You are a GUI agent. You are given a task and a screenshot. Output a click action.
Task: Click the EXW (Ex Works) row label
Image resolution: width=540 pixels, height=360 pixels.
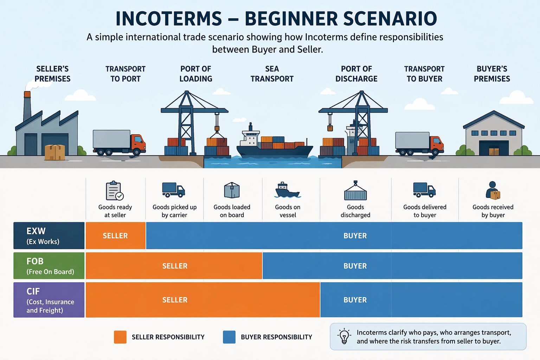[49, 236]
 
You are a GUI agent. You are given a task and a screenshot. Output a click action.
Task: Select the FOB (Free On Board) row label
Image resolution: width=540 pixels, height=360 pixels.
[49, 266]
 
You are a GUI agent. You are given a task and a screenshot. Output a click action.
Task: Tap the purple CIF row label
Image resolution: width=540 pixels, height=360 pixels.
[49, 300]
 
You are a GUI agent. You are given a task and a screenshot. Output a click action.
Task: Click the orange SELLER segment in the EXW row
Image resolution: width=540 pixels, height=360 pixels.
[116, 236]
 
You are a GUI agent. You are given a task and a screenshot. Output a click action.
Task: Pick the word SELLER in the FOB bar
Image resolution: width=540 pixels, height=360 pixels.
[175, 266]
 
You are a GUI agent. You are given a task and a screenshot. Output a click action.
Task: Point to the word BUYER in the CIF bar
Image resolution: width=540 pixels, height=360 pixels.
[355, 300]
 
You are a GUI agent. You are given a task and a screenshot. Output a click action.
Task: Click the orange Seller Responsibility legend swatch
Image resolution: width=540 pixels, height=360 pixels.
[120, 337]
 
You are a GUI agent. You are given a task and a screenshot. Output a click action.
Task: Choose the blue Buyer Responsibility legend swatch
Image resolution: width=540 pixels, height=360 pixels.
[229, 337]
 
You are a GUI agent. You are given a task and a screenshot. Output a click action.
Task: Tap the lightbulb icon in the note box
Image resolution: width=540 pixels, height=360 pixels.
[344, 336]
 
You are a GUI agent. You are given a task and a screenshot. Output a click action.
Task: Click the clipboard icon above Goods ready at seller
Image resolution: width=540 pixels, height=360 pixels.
[115, 191]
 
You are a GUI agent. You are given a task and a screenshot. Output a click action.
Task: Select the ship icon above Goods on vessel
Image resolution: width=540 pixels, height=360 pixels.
[288, 190]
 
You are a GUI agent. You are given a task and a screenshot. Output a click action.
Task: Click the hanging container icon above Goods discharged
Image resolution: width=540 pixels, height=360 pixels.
[355, 191]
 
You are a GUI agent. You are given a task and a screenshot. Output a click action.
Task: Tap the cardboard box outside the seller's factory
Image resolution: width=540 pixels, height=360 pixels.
[55, 152]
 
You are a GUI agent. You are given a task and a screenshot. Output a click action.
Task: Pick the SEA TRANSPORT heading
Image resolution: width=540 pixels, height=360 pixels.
[272, 74]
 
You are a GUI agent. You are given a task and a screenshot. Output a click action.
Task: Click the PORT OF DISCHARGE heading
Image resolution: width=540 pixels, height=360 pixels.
[356, 74]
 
